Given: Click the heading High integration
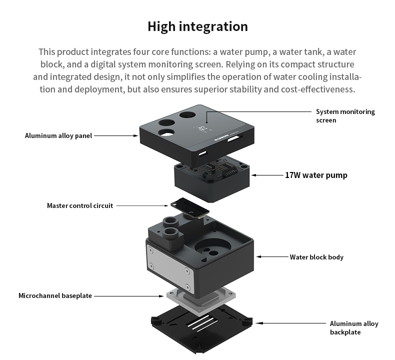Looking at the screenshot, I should [197, 26].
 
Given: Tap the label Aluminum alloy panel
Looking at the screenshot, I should [58, 135].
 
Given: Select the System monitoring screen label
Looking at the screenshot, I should [345, 115].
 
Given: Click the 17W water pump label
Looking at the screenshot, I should [316, 175].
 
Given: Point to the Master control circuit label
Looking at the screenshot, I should [80, 205].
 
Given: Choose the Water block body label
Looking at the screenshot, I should [316, 257].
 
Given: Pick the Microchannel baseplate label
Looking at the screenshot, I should [55, 295].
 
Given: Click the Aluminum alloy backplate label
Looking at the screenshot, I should [354, 327].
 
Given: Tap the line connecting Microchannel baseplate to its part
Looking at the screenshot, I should [127, 296].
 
